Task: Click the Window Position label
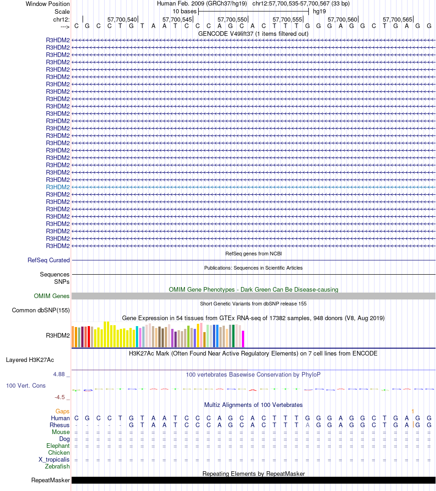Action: pos(48,4)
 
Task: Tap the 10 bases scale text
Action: pos(184,11)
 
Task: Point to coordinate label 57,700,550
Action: pos(232,19)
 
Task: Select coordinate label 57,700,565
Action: pos(397,19)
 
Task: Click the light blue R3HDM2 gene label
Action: pos(58,187)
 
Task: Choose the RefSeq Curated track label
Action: pos(49,260)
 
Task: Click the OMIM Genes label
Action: pos(52,296)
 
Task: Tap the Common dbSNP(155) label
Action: pos(41,310)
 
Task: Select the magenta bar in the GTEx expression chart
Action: pos(243,339)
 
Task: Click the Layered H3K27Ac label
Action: pos(30,360)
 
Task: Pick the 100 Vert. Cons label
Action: pos(26,385)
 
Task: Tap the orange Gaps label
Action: pos(62,411)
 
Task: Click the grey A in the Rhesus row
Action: pos(307,425)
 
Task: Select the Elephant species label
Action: pos(58,446)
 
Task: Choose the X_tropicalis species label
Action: pos(54,459)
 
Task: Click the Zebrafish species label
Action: pos(57,466)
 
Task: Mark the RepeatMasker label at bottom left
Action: pos(50,480)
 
